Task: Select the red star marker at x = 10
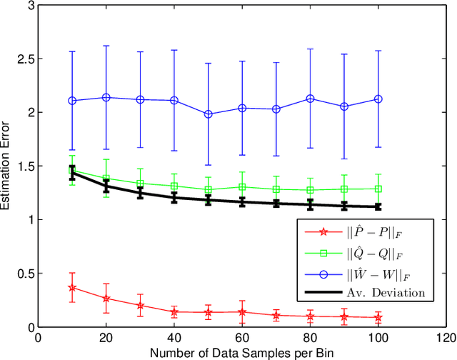pyautogui.click(x=72, y=287)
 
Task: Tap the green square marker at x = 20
pyautogui.click(x=106, y=179)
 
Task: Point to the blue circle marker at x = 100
pyautogui.click(x=378, y=99)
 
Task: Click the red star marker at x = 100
pyautogui.click(x=378, y=317)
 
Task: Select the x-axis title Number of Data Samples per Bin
pyautogui.click(x=242, y=353)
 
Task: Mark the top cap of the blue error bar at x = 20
pyautogui.click(x=106, y=46)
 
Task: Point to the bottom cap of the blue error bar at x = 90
pyautogui.click(x=344, y=159)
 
